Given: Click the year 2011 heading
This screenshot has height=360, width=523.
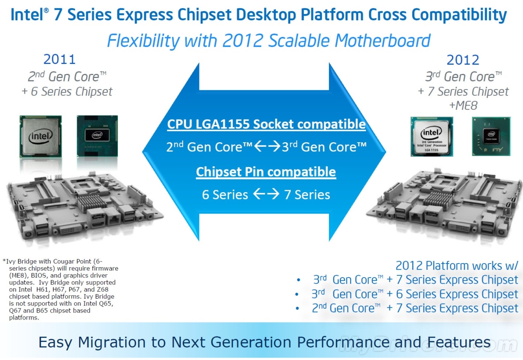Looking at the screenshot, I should coord(59,59).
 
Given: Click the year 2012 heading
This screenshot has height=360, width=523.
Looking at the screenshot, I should coord(463,60).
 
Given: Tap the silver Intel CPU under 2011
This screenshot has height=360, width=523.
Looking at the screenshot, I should coord(41,136).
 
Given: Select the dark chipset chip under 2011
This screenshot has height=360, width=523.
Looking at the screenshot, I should coord(97,136).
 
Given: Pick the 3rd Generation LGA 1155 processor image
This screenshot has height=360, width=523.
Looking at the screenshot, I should coord(432,136).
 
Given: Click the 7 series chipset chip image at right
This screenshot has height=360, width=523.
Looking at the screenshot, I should coord(491,136).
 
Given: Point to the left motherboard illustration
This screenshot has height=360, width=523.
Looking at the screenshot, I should coord(84,206).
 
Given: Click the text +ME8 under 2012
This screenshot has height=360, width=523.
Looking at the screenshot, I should coord(463,106).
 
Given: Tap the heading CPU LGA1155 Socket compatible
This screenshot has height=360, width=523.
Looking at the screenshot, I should coord(266,124).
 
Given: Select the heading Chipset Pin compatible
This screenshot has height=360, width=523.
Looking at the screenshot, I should coord(266,172).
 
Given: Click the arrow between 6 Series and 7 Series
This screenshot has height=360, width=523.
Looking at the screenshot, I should coord(266,194).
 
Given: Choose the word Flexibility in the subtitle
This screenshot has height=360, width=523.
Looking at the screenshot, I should coord(143,41).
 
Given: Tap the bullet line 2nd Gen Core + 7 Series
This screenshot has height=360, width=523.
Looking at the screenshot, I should coord(415,308).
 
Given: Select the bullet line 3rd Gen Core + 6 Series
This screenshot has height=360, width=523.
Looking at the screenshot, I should coord(415,294).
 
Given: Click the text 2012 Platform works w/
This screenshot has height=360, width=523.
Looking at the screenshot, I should coord(457,266).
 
